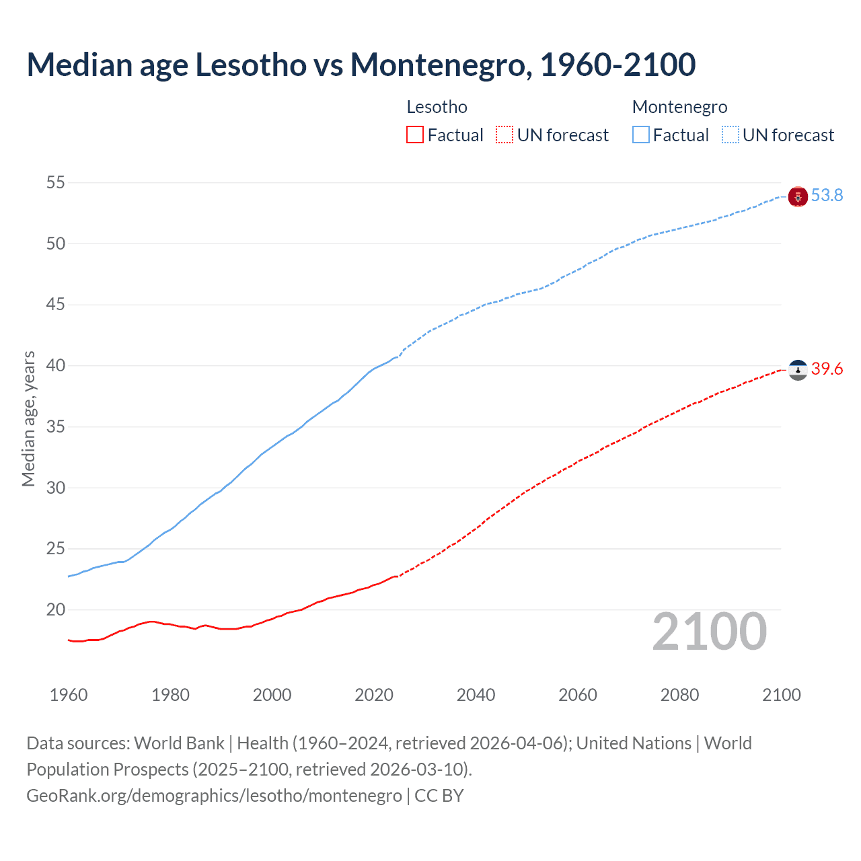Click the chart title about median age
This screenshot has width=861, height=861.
[361, 65]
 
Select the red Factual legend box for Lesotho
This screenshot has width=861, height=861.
[415, 135]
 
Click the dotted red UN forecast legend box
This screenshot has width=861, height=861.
[504, 135]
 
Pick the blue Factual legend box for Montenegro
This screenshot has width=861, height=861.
[641, 135]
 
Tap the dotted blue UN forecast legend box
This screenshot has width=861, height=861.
[731, 135]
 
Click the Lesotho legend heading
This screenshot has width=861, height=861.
[437, 107]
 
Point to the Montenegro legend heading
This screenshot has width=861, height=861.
[679, 107]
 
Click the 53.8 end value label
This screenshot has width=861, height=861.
[827, 196]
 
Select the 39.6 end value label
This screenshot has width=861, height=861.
[827, 369]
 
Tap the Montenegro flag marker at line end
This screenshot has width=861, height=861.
[798, 196]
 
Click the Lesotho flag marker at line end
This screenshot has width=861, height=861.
[798, 370]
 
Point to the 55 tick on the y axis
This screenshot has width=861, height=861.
[56, 183]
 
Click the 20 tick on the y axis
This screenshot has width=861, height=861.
[56, 610]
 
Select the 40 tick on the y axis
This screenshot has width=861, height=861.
[56, 366]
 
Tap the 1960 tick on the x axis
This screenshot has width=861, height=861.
[69, 695]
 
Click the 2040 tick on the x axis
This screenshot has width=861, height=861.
[476, 695]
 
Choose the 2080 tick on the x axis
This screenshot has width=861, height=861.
[679, 695]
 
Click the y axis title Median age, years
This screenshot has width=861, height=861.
[28, 418]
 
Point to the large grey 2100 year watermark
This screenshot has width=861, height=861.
[709, 632]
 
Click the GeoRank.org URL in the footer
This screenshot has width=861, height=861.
[214, 796]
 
